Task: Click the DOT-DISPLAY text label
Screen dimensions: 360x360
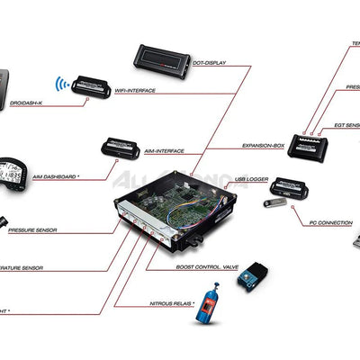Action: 210,64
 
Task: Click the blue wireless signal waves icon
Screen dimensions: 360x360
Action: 60,85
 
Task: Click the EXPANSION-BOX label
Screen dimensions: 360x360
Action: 265,145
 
